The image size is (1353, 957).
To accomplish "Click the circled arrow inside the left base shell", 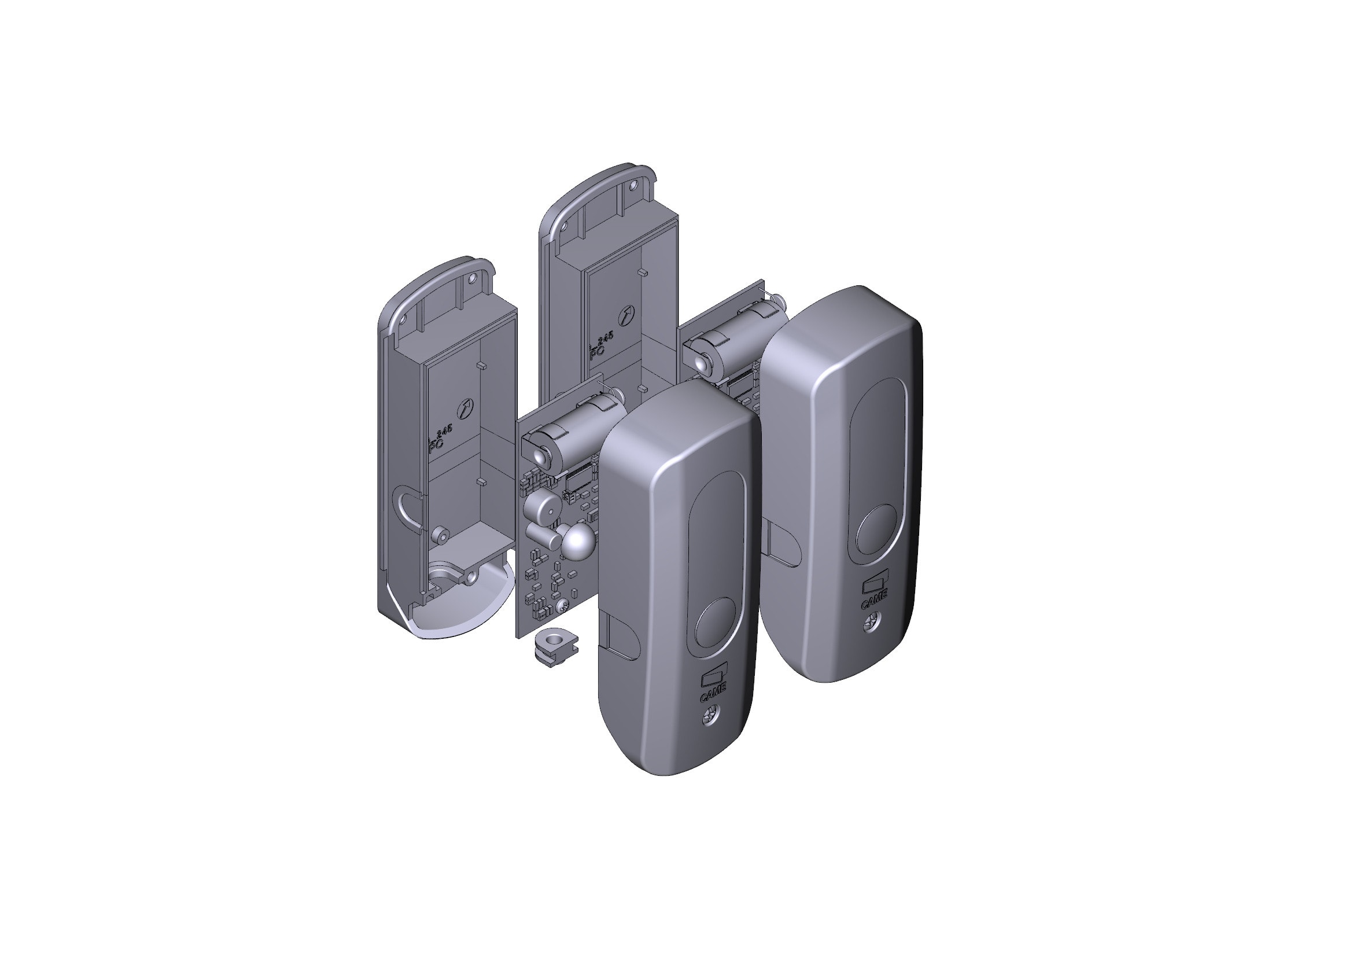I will click(x=464, y=407).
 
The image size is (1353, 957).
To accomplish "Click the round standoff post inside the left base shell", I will click(x=439, y=535).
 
